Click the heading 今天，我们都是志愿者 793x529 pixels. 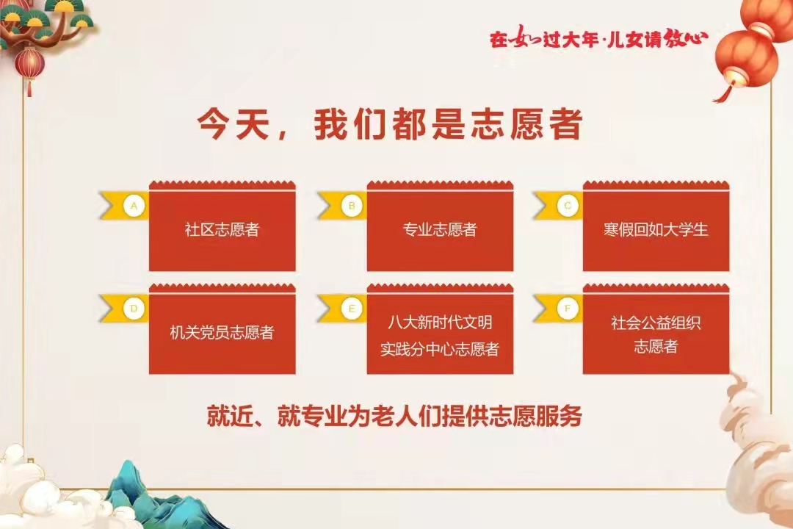tap(389, 124)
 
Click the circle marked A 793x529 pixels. tap(134, 206)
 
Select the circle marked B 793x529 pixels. tap(352, 206)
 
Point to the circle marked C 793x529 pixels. tap(568, 206)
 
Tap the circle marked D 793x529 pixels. tap(134, 309)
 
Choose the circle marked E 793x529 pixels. tap(352, 309)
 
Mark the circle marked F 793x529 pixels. tap(568, 309)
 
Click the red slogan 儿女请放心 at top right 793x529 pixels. tap(656, 38)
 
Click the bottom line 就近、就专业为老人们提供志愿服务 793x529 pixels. tap(394, 416)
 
